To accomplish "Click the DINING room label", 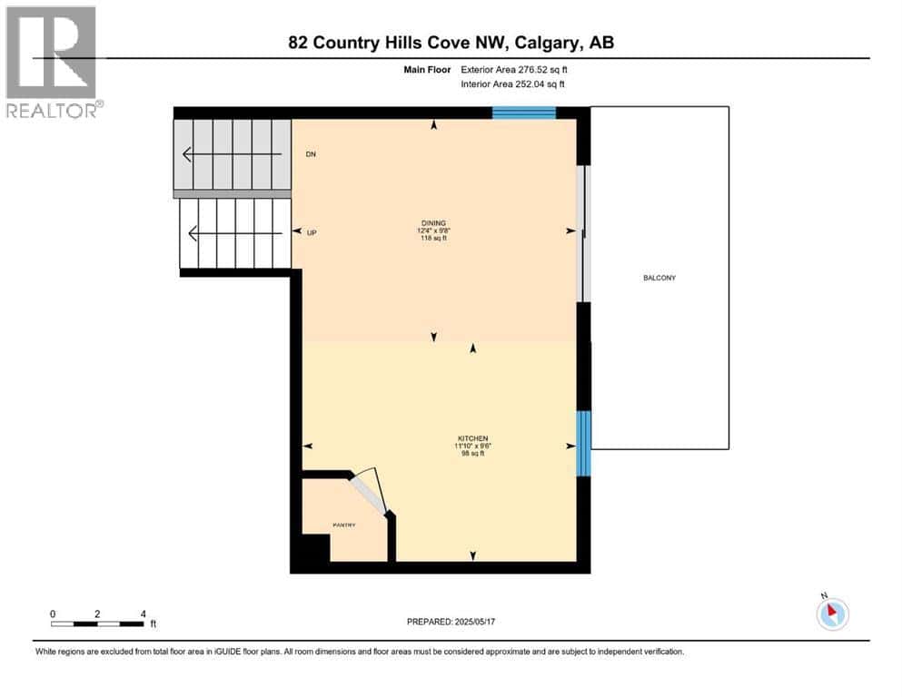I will tap(432, 222).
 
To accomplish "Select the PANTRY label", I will tap(343, 525).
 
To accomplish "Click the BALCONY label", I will tap(659, 278).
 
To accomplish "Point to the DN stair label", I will tap(310, 154).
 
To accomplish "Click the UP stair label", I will tap(311, 233).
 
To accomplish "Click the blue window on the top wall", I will tap(523, 113).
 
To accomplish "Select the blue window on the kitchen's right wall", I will tap(584, 444).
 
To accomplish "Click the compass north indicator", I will tap(832, 614).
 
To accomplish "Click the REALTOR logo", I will tap(51, 62).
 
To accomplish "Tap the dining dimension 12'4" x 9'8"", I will tap(432, 231).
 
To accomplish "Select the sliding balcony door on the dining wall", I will tap(584, 233).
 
